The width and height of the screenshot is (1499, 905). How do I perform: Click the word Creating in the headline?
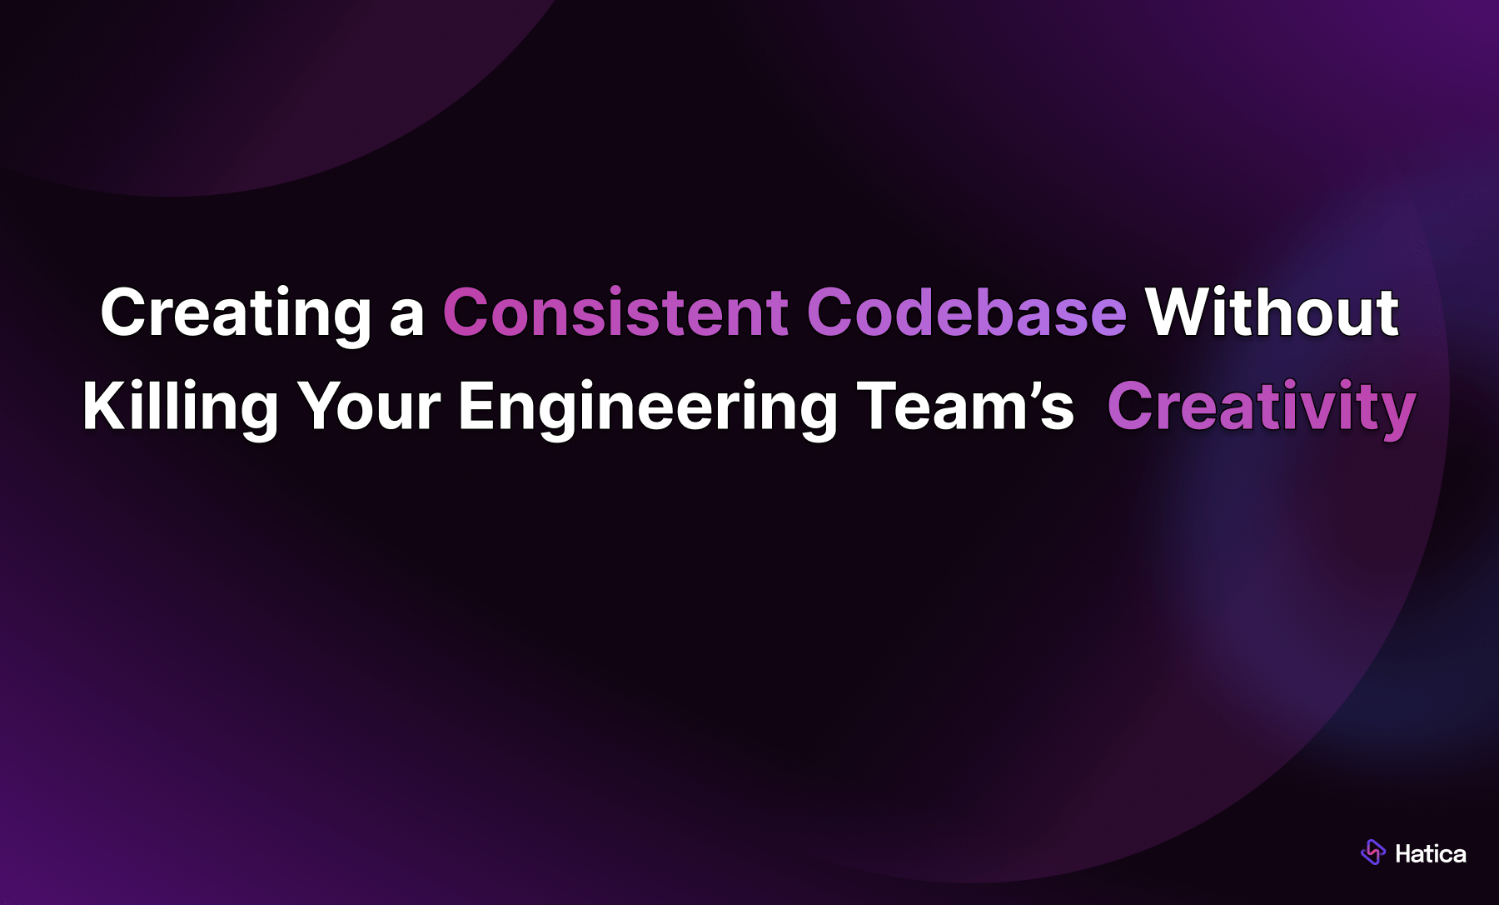tap(235, 313)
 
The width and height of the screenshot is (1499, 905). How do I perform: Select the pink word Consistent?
tap(615, 313)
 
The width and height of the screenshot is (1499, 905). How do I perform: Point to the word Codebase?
tap(966, 313)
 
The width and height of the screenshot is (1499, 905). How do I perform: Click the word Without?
tap(1272, 313)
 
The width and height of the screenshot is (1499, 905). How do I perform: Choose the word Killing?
tap(180, 407)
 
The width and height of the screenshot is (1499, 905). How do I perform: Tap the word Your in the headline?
tap(369, 407)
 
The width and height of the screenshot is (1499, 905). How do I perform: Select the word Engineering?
tap(647, 407)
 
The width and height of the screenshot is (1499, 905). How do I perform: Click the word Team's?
tap(965, 407)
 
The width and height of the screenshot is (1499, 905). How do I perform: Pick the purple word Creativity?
tap(1261, 407)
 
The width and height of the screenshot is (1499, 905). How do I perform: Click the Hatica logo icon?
tap(1372, 852)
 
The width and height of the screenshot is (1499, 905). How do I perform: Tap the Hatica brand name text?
tap(1430, 854)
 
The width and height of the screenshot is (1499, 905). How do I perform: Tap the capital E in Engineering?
tap(476, 407)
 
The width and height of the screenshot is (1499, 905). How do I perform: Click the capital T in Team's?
tap(879, 407)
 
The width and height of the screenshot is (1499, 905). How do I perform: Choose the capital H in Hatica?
tap(1403, 854)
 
